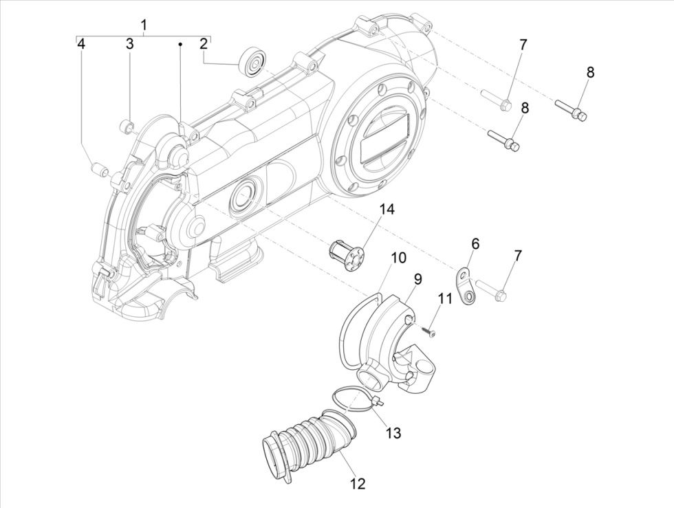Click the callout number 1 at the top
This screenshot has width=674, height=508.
(x=144, y=25)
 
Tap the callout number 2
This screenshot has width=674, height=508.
(x=204, y=44)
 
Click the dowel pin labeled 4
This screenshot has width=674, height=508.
(x=99, y=168)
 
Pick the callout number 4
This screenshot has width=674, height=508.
(x=81, y=44)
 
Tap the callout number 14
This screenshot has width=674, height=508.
(x=387, y=209)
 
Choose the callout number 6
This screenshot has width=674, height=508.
(x=475, y=244)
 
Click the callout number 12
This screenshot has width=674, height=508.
(x=357, y=484)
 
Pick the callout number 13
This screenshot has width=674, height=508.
(x=393, y=433)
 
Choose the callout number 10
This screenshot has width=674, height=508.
(x=399, y=258)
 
